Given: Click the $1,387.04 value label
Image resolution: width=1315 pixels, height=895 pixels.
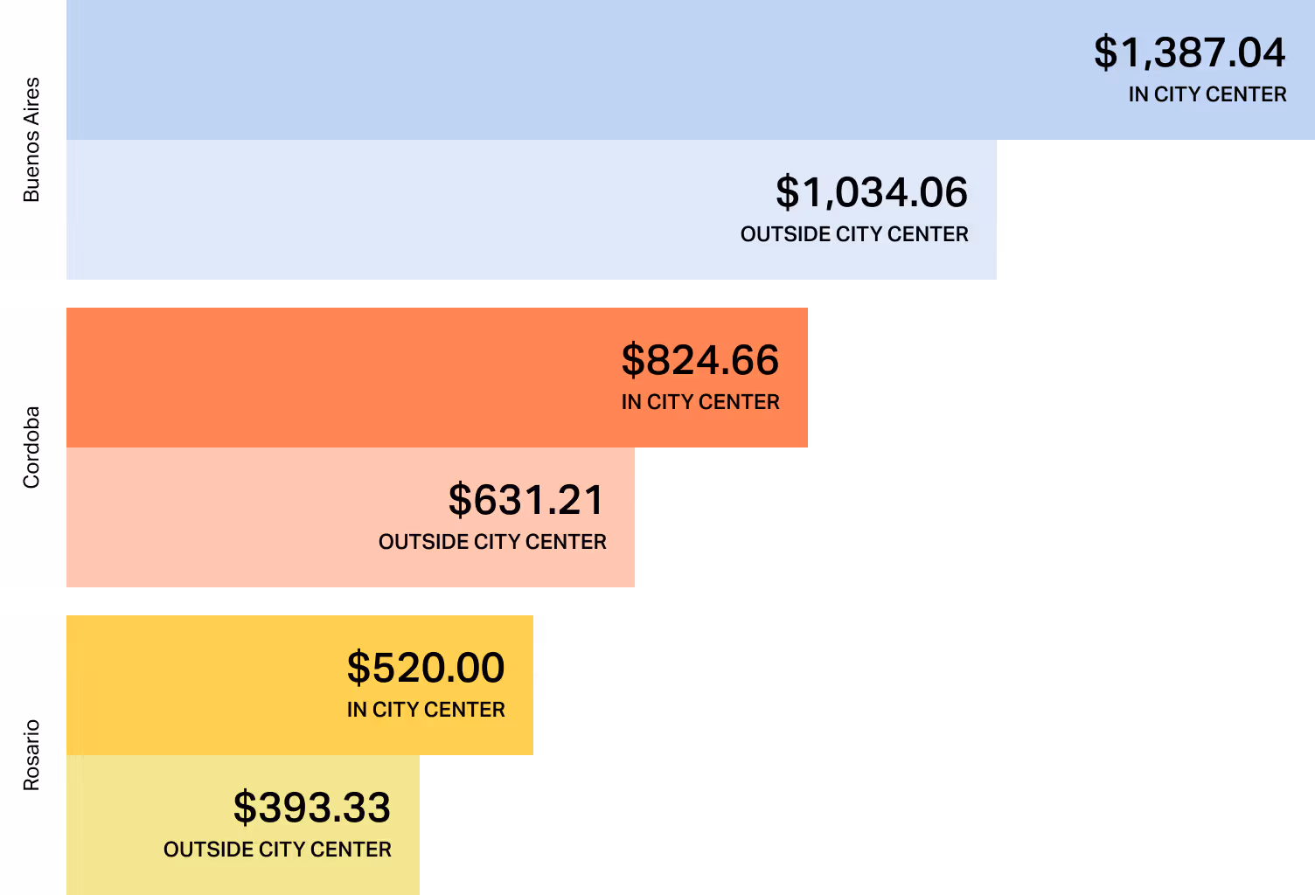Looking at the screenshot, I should pyautogui.click(x=1189, y=52).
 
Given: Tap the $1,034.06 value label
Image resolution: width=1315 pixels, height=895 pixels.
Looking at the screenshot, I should pyautogui.click(x=872, y=192).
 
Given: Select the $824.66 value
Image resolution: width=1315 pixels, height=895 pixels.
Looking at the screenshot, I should pyautogui.click(x=699, y=360).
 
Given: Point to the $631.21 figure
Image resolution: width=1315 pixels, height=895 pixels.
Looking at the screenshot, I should pyautogui.click(x=526, y=500).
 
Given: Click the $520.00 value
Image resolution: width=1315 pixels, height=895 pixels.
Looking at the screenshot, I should pyautogui.click(x=426, y=668).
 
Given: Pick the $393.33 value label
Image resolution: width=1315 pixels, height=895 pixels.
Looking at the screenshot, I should pyautogui.click(x=312, y=808).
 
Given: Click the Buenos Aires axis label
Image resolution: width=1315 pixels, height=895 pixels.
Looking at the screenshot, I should pyautogui.click(x=31, y=140).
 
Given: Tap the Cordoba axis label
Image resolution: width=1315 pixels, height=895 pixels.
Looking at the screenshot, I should pyautogui.click(x=31, y=447).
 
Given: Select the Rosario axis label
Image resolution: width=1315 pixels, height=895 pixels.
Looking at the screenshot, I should pyautogui.click(x=31, y=755).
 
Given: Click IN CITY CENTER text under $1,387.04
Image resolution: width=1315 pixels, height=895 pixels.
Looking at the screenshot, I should pyautogui.click(x=1207, y=94).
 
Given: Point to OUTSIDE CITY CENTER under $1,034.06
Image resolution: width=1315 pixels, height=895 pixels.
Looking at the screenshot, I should pyautogui.click(x=854, y=234).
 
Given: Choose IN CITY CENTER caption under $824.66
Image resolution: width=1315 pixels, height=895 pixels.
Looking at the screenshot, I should pyautogui.click(x=699, y=402).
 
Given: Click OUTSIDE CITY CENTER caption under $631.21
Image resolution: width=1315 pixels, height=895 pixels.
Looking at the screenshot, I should pyautogui.click(x=492, y=542).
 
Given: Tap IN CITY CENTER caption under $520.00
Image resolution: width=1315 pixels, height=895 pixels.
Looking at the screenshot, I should pyautogui.click(x=426, y=710).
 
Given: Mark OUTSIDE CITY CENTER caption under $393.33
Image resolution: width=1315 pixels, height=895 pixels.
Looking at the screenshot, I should pyautogui.click(x=277, y=850).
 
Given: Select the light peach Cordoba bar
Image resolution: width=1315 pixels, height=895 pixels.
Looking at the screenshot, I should pyautogui.click(x=219, y=517).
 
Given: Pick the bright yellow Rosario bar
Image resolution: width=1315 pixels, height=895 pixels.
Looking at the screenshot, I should pyautogui.click(x=201, y=685).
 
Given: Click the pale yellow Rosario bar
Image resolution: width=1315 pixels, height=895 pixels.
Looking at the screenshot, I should pyautogui.click(x=114, y=825).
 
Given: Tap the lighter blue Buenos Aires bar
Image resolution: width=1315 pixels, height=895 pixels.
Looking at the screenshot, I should pyautogui.click(x=393, y=210).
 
